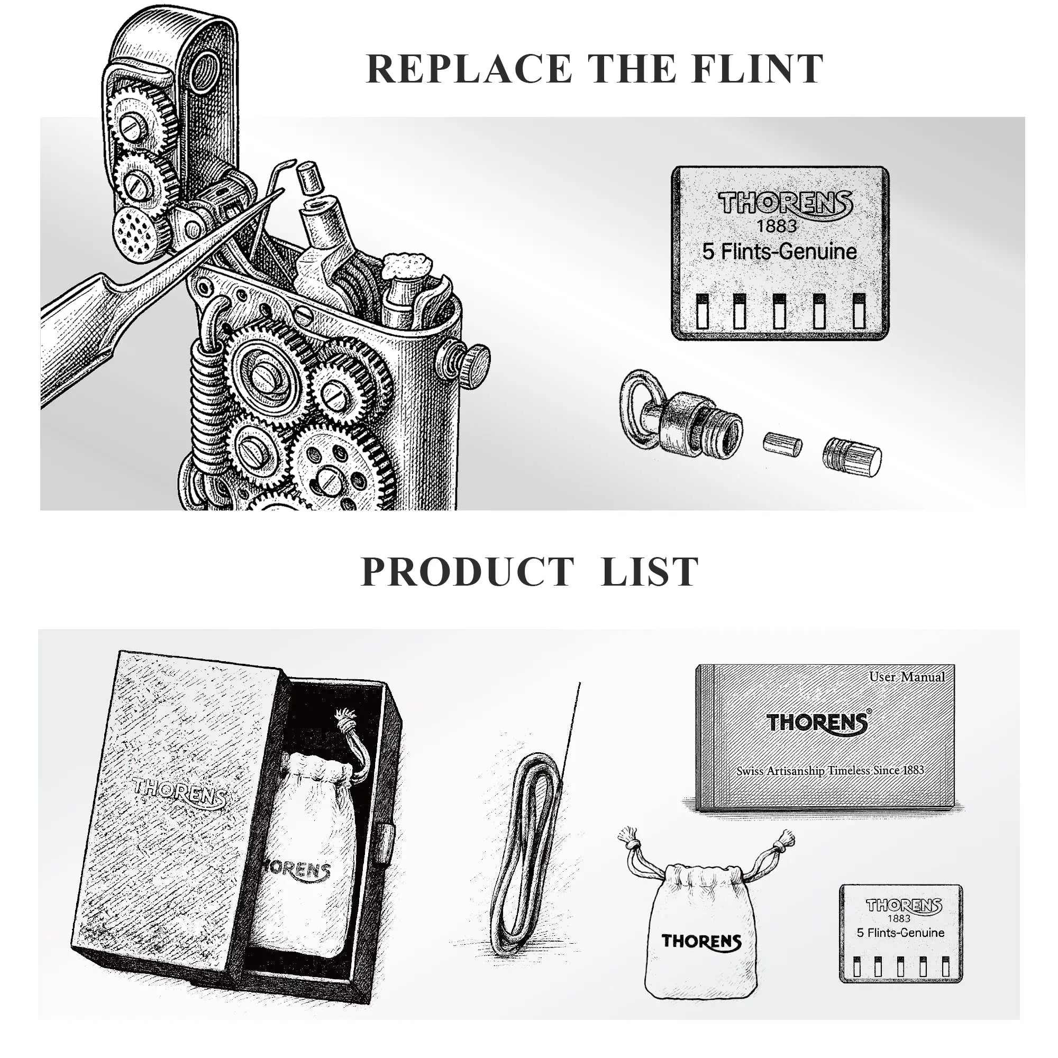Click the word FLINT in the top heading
point(757,69)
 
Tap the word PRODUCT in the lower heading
point(467,572)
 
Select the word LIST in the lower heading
point(650,572)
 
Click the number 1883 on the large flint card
point(777,226)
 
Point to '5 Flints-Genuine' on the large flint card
point(779,251)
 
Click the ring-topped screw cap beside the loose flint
point(681,415)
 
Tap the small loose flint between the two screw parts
point(782,444)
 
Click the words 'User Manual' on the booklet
point(907,677)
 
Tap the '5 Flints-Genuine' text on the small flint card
point(900,933)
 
